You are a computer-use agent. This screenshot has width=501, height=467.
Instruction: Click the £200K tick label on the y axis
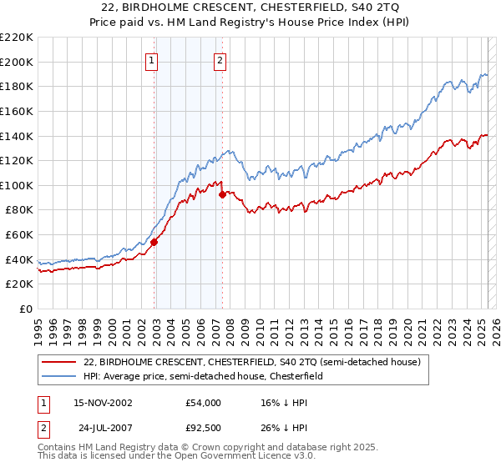16,62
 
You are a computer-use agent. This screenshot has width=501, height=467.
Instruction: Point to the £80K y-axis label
18,210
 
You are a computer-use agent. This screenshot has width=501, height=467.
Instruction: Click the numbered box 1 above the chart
152,59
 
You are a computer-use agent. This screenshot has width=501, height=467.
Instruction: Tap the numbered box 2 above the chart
220,59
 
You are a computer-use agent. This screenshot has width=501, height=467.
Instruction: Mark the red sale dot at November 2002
154,243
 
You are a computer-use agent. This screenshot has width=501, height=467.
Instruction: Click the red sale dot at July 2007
223,195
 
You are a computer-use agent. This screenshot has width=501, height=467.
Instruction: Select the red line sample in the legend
59,362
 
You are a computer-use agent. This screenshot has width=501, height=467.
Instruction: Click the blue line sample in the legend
59,376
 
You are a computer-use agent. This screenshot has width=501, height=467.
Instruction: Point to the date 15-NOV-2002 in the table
104,403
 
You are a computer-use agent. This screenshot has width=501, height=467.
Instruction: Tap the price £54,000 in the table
203,403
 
